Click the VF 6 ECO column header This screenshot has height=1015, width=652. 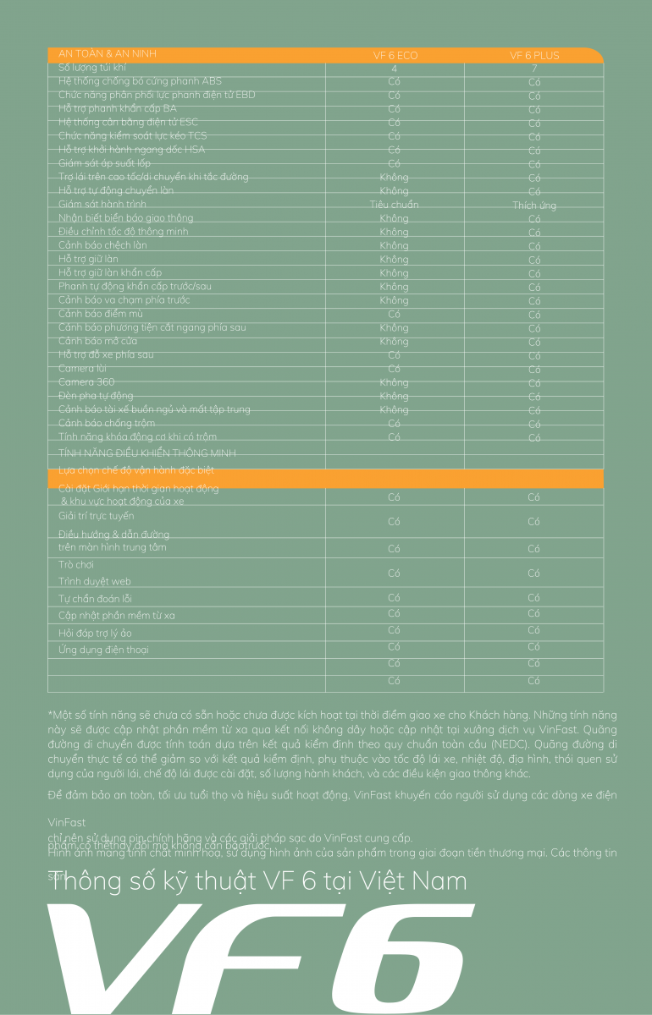point(395,56)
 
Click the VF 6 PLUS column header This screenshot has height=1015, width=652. point(534,56)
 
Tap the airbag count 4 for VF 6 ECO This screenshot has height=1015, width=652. point(394,69)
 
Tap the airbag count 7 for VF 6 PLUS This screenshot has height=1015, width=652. point(534,69)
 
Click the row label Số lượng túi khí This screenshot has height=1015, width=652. point(92,67)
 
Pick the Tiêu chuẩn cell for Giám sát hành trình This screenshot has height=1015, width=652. point(394,205)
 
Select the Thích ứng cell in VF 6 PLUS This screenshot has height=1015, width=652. point(534,206)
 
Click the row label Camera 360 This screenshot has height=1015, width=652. point(86,382)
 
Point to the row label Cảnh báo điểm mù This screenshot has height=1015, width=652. point(101,314)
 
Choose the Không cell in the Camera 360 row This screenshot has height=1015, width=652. point(394,382)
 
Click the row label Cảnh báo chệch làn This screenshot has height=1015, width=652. point(102,245)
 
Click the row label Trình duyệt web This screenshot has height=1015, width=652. point(95,582)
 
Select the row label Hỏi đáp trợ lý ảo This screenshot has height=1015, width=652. point(95,633)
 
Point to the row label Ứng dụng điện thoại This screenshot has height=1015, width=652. point(103,650)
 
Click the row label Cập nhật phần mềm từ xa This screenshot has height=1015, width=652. point(117,615)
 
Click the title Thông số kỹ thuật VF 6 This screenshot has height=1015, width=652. point(258,881)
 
